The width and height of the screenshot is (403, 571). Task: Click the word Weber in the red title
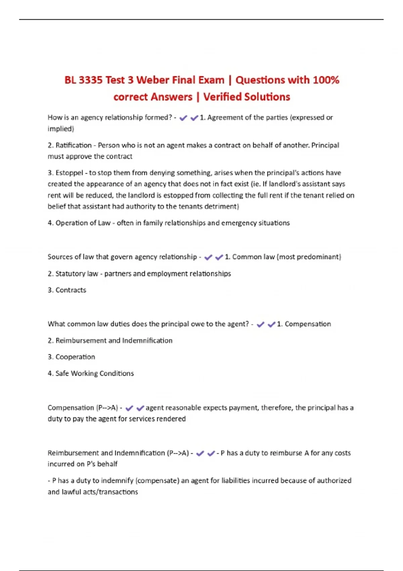coord(153,80)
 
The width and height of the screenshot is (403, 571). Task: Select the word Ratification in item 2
coord(74,145)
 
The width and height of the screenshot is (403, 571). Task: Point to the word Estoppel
coord(69,173)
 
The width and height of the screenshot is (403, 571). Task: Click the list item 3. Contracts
coord(67,290)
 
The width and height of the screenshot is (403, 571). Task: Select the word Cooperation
coord(75,357)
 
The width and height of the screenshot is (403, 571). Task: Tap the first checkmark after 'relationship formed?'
coord(183,118)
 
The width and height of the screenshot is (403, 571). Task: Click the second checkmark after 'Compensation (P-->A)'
coord(140,408)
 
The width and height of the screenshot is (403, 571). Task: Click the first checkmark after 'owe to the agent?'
coord(260,324)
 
